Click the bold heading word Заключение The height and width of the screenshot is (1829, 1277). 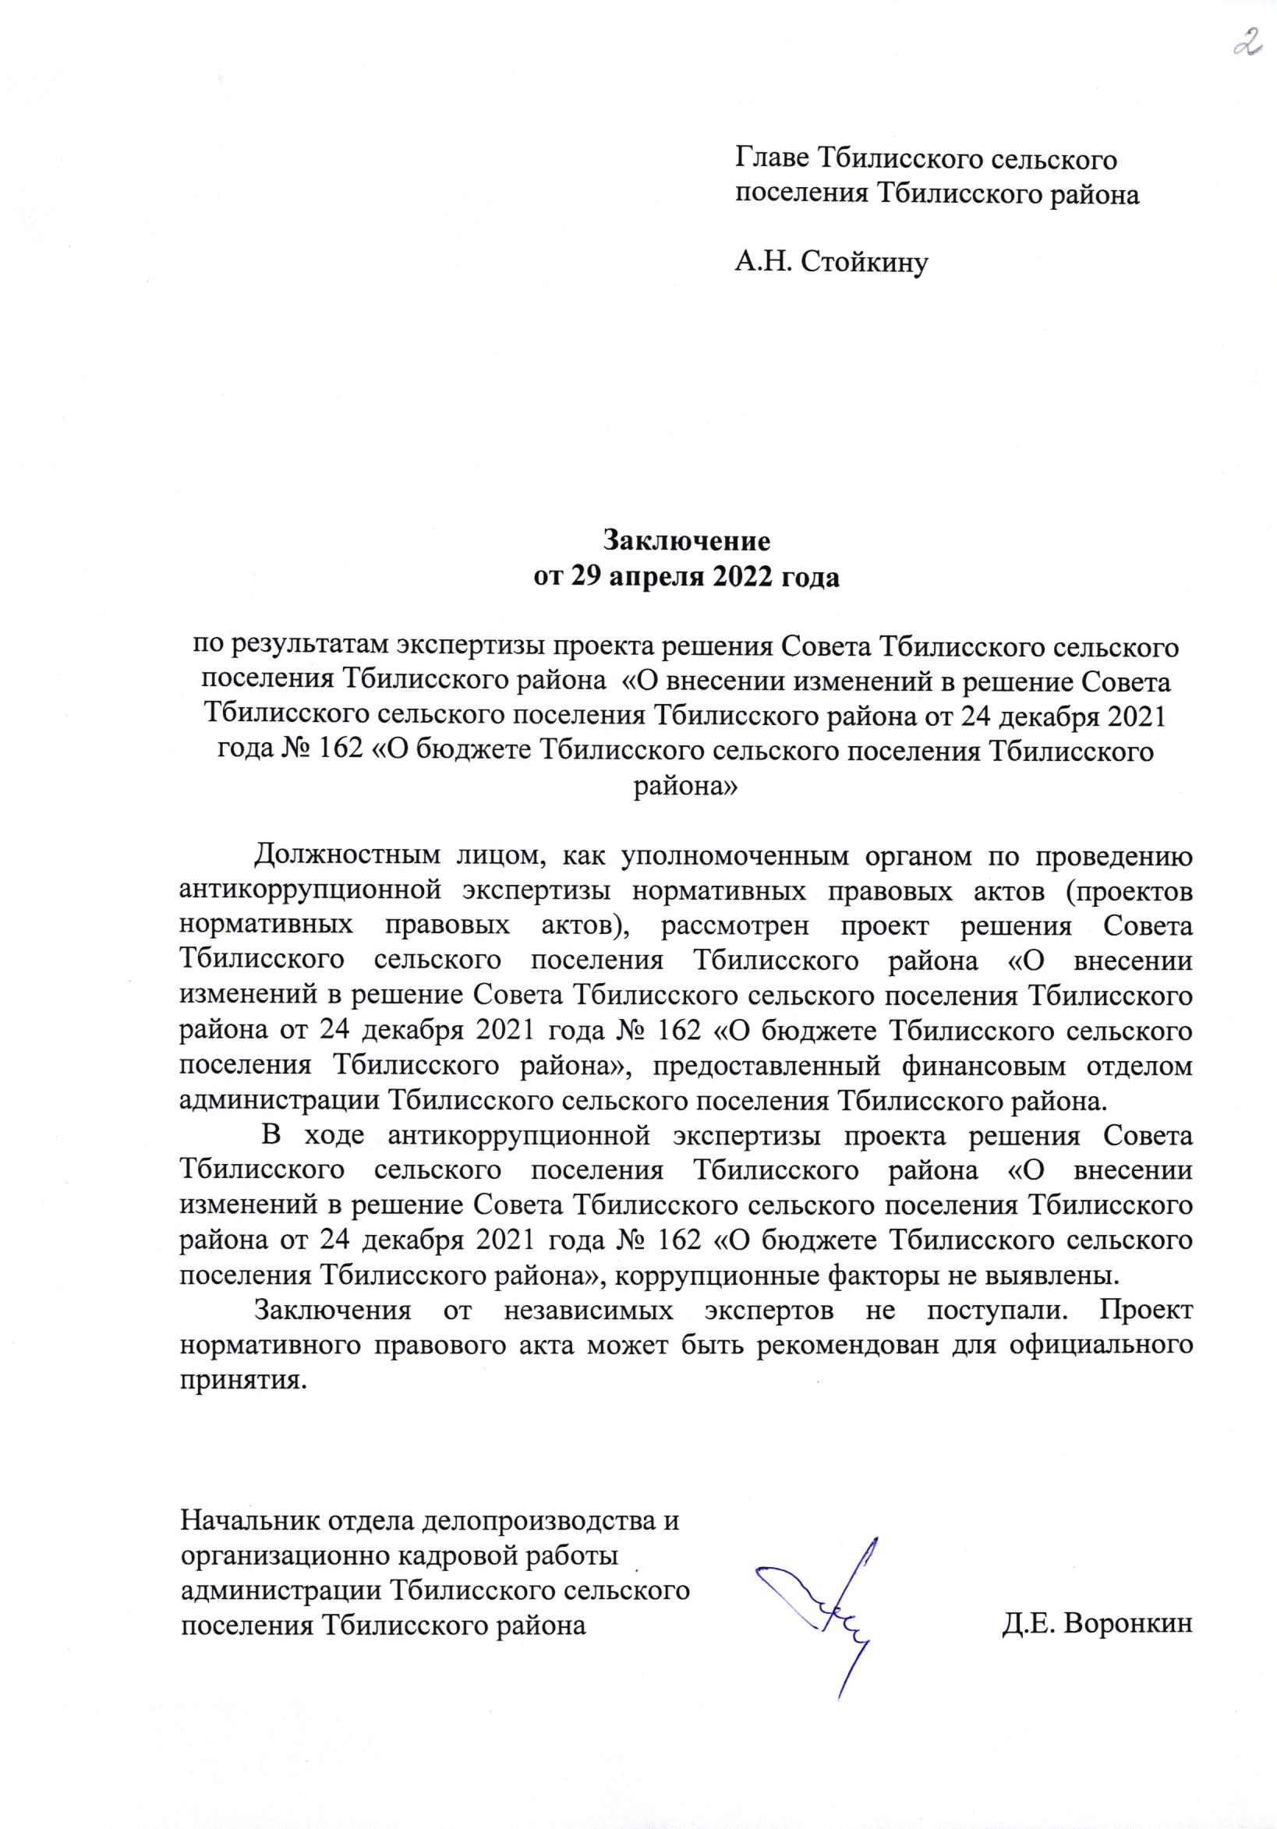tap(686, 541)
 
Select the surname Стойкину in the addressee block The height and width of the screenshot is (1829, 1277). tap(865, 262)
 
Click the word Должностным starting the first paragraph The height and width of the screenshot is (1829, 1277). tap(346, 856)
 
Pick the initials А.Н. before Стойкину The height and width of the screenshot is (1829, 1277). tap(763, 262)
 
